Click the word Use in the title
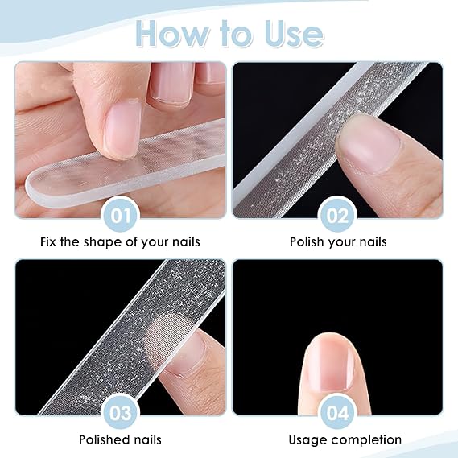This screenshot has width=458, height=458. [x=294, y=33]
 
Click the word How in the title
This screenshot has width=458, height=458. [x=173, y=33]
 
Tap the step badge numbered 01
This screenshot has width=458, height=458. [x=120, y=216]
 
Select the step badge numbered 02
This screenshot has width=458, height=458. [x=337, y=216]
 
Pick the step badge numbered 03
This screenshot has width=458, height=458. [x=120, y=413]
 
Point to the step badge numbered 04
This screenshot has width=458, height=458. [x=337, y=413]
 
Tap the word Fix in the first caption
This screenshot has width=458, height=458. [x=48, y=241]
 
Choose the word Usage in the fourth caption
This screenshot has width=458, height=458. [x=307, y=440]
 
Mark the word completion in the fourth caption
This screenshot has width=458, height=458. [x=366, y=440]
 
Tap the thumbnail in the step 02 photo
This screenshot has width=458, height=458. [x=369, y=147]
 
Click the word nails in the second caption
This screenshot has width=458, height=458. [x=373, y=241]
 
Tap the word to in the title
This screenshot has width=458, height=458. [x=237, y=33]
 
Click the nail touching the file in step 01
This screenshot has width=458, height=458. [x=122, y=130]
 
